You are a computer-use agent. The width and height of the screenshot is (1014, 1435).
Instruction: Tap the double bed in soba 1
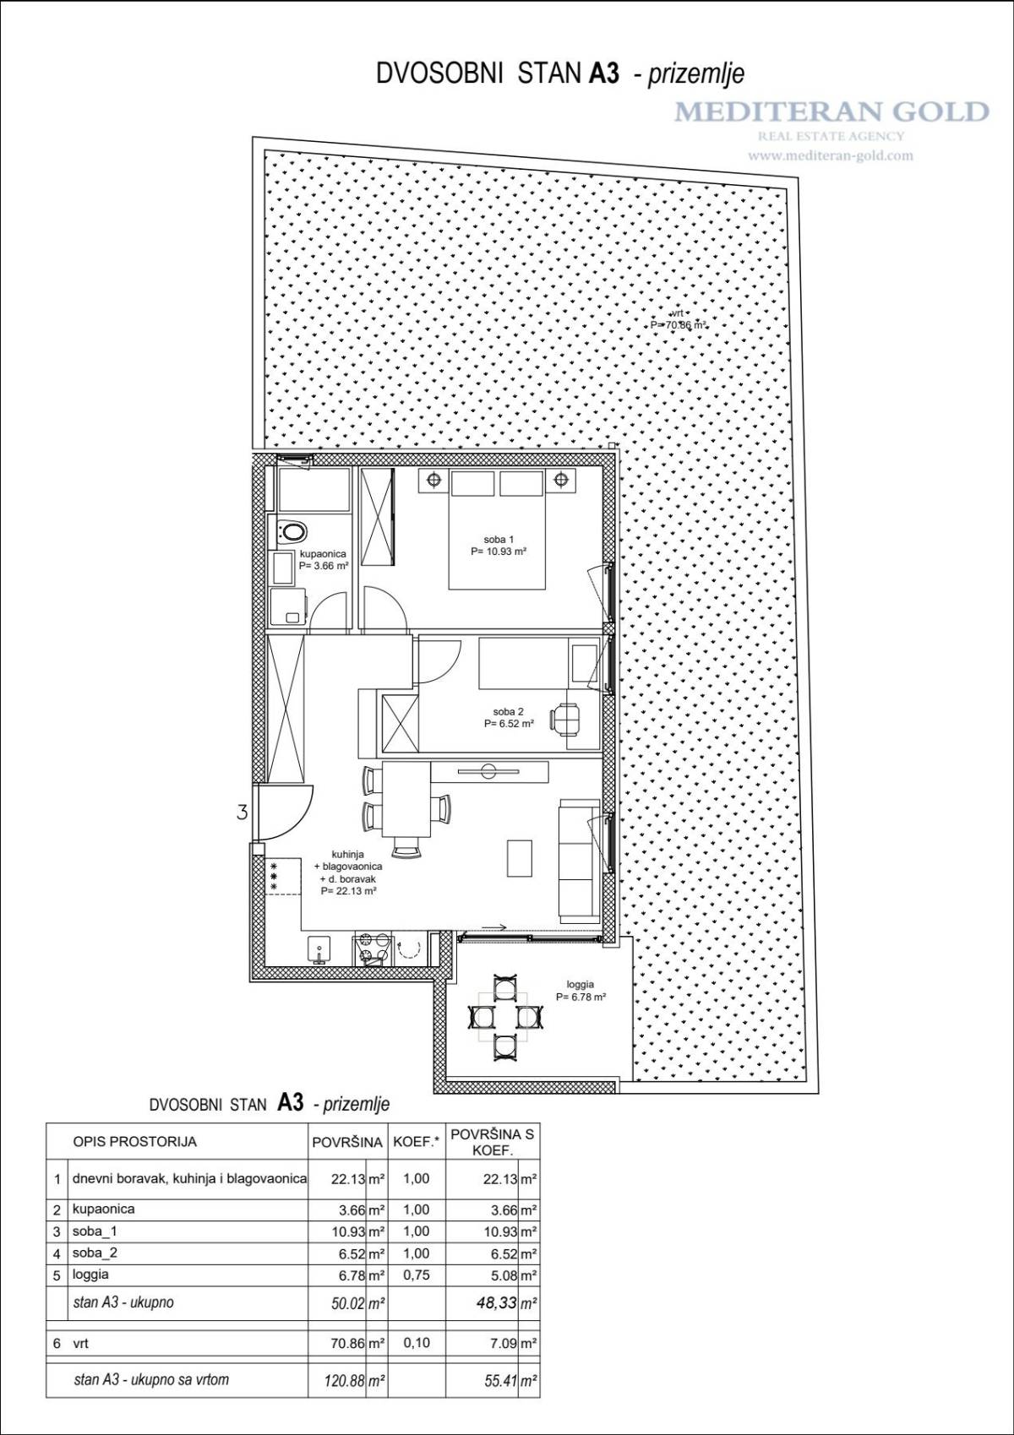tap(497, 530)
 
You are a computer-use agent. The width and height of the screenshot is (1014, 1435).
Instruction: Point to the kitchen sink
tap(319, 949)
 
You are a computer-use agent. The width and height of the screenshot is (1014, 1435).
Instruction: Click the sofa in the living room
tap(580, 861)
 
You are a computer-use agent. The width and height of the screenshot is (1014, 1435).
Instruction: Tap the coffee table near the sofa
tap(519, 858)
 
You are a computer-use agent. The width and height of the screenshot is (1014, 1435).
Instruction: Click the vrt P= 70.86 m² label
tap(679, 319)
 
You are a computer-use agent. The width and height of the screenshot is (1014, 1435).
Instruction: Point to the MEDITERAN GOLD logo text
tap(831, 111)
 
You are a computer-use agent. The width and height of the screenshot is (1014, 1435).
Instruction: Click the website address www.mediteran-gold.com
tap(831, 155)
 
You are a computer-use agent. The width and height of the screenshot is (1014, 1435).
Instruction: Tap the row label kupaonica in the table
tap(104, 1209)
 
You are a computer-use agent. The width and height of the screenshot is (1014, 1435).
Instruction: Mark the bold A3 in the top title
tap(604, 73)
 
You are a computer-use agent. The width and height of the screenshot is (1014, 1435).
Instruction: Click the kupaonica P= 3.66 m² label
tap(323, 560)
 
